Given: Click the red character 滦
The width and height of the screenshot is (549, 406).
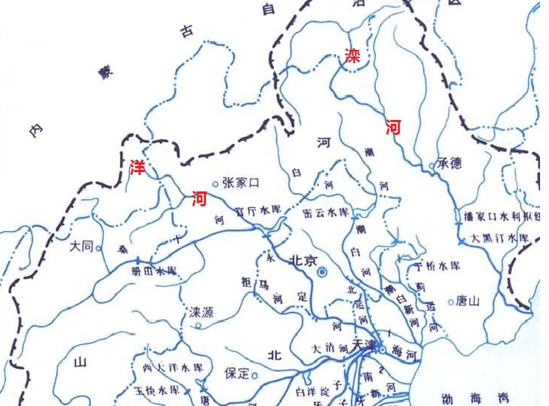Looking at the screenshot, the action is click(x=352, y=56).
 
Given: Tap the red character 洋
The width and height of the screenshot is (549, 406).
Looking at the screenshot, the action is click(x=138, y=166).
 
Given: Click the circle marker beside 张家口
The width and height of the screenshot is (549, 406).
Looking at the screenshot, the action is click(x=216, y=183).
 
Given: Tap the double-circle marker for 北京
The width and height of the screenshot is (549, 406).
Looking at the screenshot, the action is click(x=322, y=273).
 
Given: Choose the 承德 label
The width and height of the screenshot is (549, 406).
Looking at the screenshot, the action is click(x=451, y=164).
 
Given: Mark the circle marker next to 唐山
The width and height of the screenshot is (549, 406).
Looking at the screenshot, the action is click(x=451, y=302).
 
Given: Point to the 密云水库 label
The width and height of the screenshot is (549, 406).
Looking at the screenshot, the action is click(x=327, y=212).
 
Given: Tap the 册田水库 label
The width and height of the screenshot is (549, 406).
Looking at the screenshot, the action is click(x=155, y=270).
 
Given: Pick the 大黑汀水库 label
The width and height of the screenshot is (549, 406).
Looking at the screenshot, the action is click(x=499, y=238).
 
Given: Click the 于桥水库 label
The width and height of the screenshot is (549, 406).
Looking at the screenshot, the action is click(x=439, y=266).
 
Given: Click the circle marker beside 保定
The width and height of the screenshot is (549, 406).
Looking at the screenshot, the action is click(x=254, y=375).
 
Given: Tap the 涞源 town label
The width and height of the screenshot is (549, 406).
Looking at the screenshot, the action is click(x=200, y=312).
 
